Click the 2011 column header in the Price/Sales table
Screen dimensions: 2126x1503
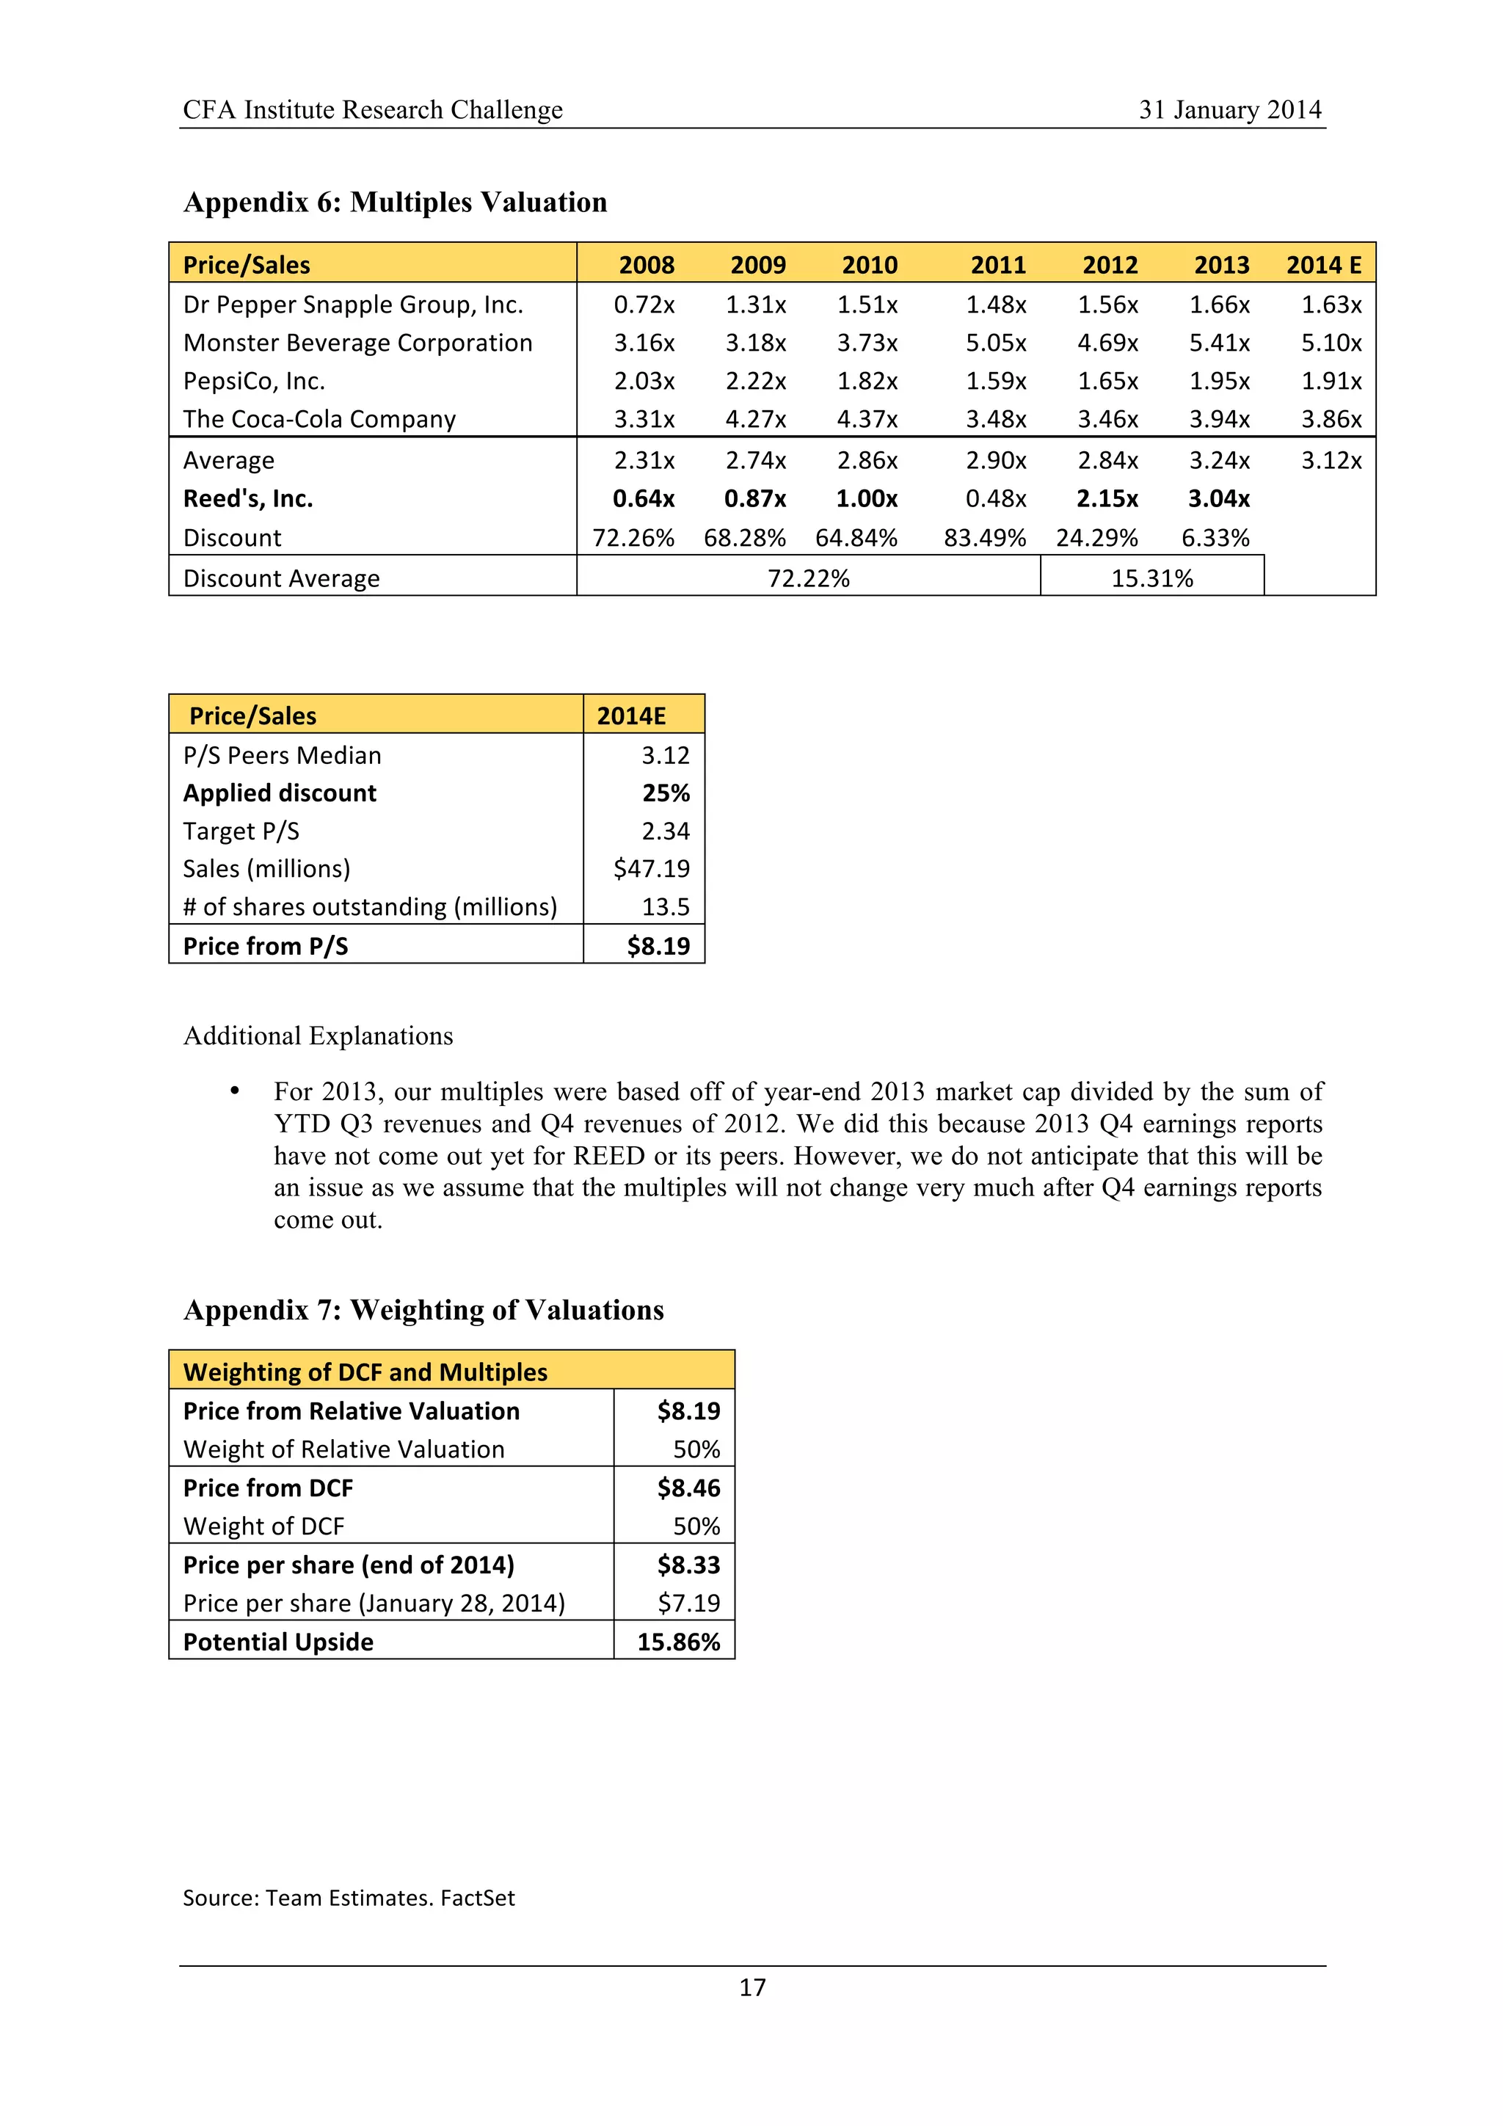[997, 265]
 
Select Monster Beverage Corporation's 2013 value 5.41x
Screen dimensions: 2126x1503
[1219, 343]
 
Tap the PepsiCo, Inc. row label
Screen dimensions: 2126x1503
[254, 382]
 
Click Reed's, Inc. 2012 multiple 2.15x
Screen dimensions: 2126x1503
[1107, 499]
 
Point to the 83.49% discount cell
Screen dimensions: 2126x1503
[984, 538]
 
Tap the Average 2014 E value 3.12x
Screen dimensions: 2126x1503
[1330, 460]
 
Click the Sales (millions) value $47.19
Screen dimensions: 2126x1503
[651, 869]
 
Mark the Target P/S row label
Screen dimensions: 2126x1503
[241, 831]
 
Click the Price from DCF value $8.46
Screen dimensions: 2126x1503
[688, 1488]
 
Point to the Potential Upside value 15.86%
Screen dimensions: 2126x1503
[678, 1642]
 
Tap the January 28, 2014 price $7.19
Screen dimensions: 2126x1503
[688, 1603]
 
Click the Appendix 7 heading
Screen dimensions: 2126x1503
[423, 1310]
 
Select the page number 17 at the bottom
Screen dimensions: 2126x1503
[752, 1987]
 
